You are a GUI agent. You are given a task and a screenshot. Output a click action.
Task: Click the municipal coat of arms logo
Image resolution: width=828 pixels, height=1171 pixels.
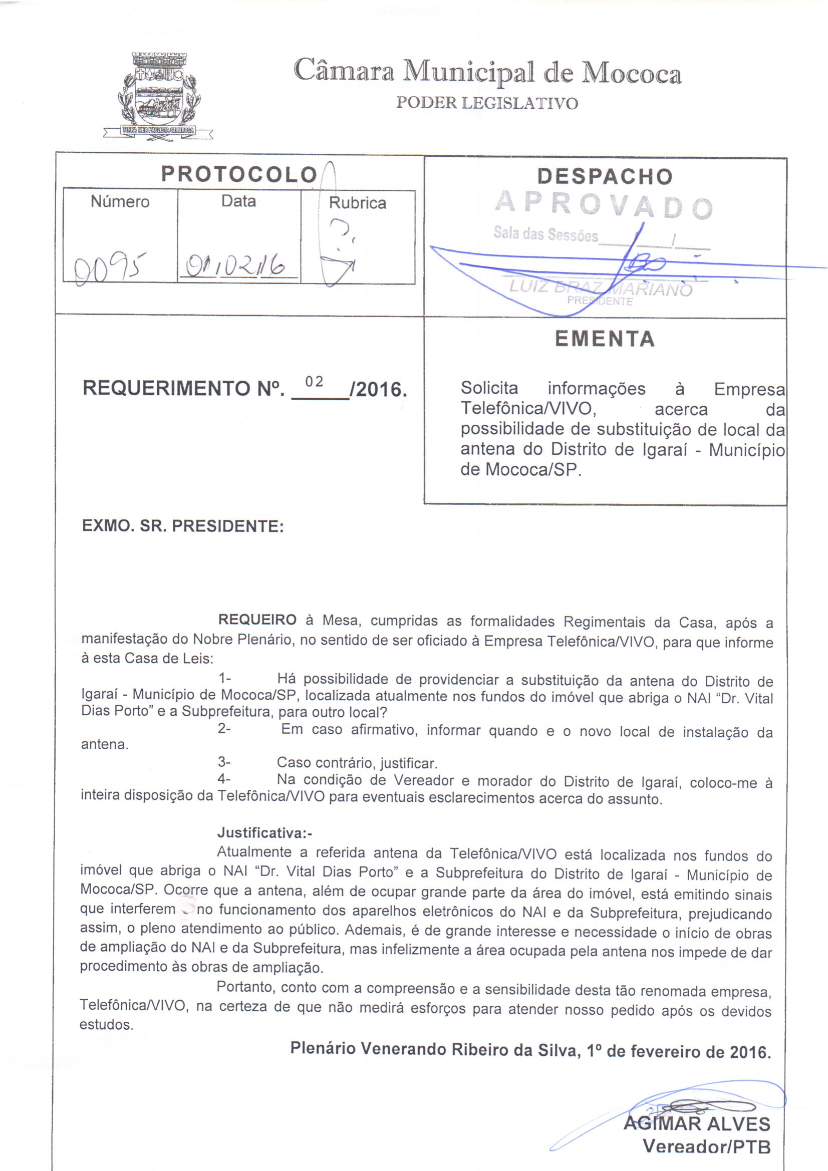[x=158, y=96]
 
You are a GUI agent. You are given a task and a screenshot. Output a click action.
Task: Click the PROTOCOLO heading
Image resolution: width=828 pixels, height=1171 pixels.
[x=239, y=174]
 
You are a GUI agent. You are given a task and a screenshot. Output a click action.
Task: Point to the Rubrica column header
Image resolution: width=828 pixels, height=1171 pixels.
[x=357, y=203]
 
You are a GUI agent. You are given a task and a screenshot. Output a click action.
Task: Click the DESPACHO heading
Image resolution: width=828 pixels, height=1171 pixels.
[x=605, y=177]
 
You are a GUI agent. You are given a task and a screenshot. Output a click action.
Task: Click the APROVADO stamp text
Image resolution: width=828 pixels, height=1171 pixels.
[x=604, y=204]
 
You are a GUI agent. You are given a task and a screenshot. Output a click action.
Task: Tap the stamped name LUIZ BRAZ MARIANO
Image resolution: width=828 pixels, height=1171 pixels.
[x=601, y=288]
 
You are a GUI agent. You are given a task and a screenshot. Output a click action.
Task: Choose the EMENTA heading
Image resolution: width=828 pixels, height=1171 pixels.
[x=605, y=339]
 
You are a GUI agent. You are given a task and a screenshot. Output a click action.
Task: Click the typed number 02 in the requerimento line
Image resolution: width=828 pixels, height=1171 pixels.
[x=314, y=382]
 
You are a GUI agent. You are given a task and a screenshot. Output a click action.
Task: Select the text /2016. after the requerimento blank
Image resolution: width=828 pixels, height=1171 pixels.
[x=379, y=390]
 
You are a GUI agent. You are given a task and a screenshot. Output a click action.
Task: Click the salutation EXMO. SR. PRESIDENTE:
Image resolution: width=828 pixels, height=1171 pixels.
[x=183, y=526]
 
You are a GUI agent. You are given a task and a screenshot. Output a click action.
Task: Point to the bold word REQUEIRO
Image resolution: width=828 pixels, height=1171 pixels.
[x=257, y=620]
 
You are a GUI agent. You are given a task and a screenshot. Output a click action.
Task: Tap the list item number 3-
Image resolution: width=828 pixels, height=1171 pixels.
[x=224, y=762]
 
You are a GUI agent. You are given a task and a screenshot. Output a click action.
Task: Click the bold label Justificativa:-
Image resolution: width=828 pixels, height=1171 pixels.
[x=264, y=833]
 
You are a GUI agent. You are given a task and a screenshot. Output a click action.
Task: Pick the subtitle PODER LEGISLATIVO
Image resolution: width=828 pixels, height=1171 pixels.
[x=487, y=104]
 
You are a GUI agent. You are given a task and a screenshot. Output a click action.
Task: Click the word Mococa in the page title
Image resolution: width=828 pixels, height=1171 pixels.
[x=632, y=74]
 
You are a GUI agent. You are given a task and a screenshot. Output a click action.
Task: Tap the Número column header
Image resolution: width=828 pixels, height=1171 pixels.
[x=120, y=202]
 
